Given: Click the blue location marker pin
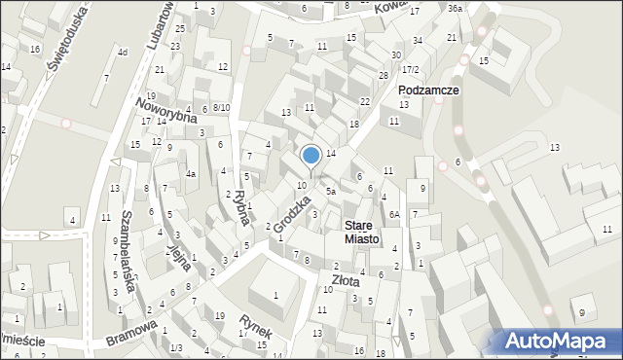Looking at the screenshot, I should point(311,156).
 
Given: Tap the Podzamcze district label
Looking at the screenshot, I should point(428,90).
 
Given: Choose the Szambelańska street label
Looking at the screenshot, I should point(128,244).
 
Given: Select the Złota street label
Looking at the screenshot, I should point(346,281).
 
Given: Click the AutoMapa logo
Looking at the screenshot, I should point(558,342).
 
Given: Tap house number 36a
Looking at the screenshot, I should point(455,9).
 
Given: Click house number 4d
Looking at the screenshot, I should point(122,52).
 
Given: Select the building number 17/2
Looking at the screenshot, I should point(411,69).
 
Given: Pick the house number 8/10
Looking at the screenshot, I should point(221,108).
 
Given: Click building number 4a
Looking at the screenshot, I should point(192,174).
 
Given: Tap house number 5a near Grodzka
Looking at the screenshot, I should point(331,192).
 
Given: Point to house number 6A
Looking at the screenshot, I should point(394,214).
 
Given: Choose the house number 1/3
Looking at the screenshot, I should point(176,347).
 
